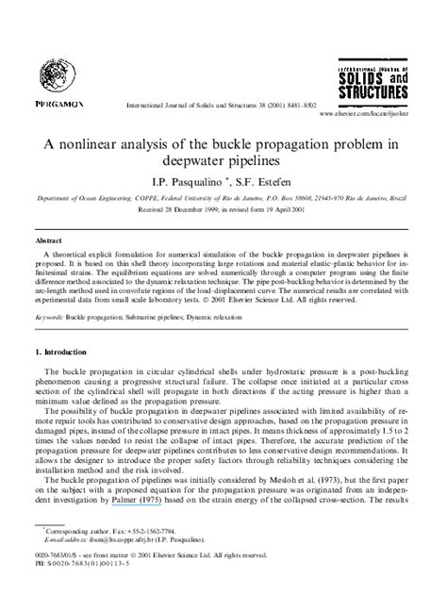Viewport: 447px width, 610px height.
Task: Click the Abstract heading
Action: point(51,240)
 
